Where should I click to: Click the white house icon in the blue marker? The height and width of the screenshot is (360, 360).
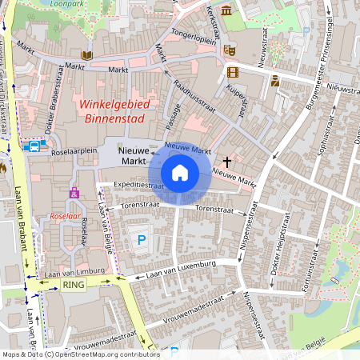tap(180, 172)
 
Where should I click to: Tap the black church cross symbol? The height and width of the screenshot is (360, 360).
tap(238, 162)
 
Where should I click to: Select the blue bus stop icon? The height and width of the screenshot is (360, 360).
tap(34, 146)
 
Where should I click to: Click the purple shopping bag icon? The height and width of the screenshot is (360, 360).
tap(74, 193)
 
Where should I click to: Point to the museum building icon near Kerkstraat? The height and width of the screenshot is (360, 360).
tap(226, 11)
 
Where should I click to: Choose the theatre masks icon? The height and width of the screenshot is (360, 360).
tap(230, 50)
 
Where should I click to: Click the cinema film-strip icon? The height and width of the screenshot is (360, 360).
tap(233, 73)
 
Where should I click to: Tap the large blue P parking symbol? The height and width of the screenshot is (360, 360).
tap(142, 238)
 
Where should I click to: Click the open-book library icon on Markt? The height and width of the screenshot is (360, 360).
tap(87, 55)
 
